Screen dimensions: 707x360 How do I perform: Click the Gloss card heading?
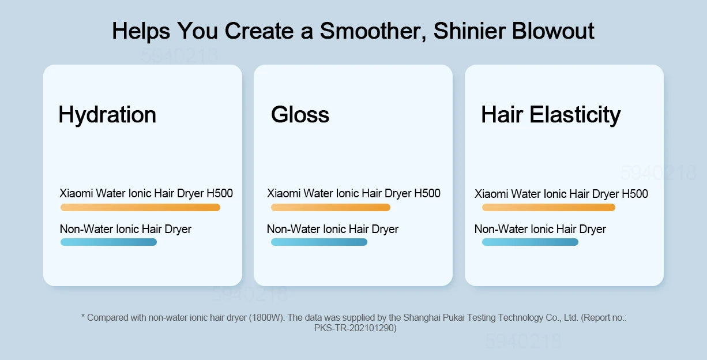300,114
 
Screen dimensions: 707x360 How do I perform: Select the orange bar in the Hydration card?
141,207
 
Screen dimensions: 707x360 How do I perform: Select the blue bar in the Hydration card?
108,242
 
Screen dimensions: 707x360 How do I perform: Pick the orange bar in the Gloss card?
331,207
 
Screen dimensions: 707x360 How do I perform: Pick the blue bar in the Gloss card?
319,242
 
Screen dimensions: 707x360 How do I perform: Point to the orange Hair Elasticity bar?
548,207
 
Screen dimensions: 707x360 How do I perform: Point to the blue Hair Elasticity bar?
531,242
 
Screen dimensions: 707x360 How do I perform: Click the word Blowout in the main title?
553,31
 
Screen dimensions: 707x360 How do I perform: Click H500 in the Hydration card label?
220,193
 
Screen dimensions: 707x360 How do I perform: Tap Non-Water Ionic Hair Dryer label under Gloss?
333,229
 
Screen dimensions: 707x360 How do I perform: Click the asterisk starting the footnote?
83,316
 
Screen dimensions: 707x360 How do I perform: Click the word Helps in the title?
141,32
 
